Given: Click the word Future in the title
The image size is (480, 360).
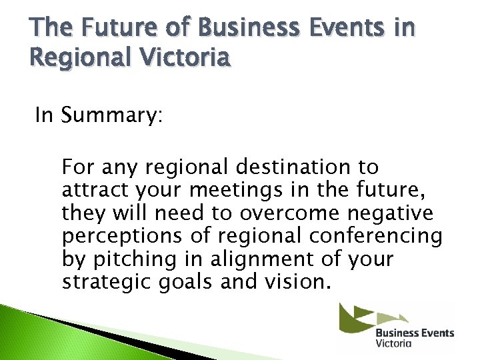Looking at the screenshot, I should click(x=97, y=28).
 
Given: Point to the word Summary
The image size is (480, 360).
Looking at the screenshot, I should click(x=111, y=116).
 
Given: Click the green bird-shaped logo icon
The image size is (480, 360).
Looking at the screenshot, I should click(x=363, y=317).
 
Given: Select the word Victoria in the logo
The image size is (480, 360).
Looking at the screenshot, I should click(x=394, y=344).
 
